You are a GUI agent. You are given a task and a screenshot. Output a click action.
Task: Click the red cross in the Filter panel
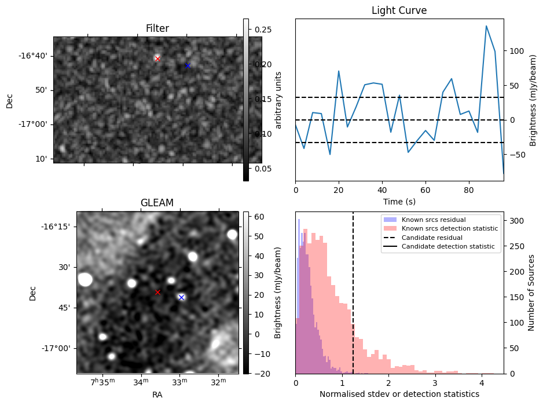pos(157,59)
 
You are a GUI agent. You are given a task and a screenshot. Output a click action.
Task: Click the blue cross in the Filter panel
pos(188,65)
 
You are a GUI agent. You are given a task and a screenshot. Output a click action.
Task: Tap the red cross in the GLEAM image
pos(157,292)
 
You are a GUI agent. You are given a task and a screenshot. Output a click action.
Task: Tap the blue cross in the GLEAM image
pos(181,297)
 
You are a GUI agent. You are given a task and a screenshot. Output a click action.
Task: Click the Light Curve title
pos(399,11)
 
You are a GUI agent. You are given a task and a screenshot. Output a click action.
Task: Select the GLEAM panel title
pos(157,203)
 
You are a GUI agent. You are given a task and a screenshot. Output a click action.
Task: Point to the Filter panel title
pos(157,28)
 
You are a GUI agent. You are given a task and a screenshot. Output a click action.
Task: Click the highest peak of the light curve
pos(486,26)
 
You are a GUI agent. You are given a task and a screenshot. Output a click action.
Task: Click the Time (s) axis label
pos(399,202)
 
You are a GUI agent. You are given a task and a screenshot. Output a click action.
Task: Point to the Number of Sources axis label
pos(531,292)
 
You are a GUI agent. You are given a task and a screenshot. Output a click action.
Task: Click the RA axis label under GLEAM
pos(157,395)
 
